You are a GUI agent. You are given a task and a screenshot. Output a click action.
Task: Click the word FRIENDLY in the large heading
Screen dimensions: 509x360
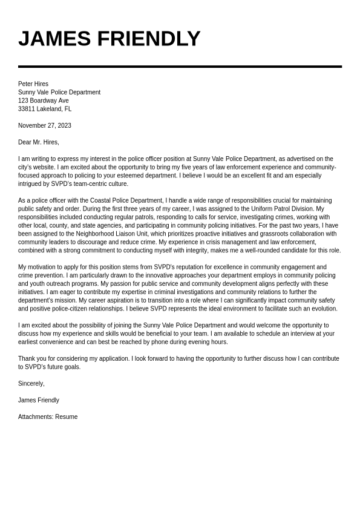click(148, 39)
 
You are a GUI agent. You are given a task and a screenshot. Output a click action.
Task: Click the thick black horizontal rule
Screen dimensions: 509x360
click(180, 67)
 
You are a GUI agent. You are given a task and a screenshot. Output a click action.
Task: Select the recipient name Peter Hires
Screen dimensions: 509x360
click(33, 84)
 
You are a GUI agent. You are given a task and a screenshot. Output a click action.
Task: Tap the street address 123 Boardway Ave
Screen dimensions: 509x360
click(44, 100)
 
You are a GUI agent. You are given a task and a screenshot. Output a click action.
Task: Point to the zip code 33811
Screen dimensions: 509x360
click(26, 109)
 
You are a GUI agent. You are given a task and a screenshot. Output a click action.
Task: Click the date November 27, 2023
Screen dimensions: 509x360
click(45, 126)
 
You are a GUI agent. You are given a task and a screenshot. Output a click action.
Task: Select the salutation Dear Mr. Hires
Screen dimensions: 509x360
click(39, 142)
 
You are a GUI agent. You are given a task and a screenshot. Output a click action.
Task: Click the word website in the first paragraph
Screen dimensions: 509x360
click(45, 168)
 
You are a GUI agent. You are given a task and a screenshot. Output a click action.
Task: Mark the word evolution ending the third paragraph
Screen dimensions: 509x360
click(324, 309)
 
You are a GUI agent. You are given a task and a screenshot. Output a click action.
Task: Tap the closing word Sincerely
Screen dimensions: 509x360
click(31, 384)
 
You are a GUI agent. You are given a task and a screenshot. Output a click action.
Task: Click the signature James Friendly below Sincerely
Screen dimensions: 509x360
click(39, 400)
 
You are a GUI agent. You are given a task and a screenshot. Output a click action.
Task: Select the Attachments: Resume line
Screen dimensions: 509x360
click(48, 417)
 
